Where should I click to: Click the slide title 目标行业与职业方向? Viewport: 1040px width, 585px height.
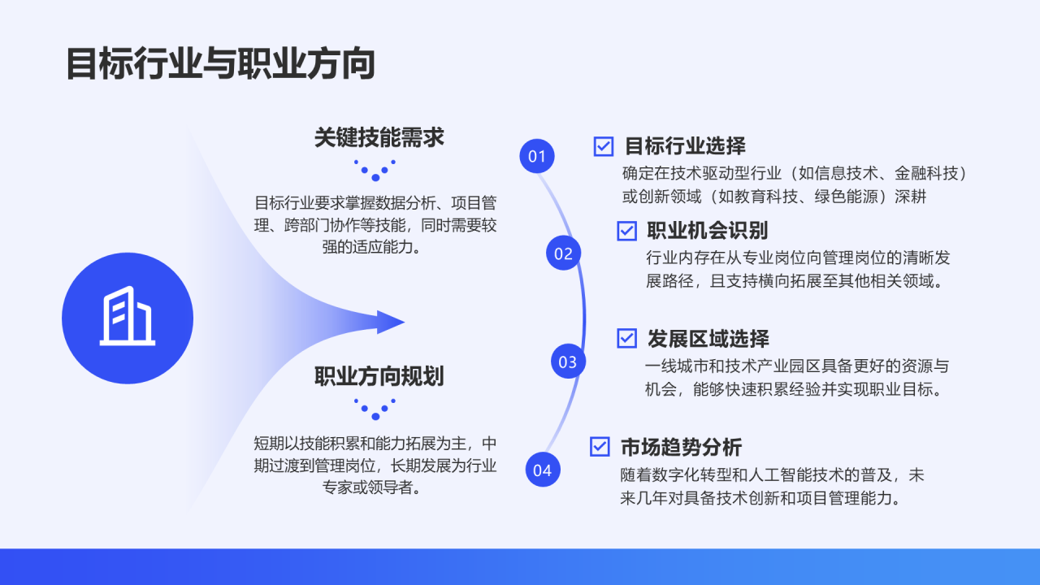pos(220,64)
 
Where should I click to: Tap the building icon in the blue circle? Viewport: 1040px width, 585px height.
pos(128,318)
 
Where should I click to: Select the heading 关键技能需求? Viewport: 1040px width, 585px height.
pos(379,137)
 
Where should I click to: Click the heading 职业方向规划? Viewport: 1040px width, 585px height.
pos(379,376)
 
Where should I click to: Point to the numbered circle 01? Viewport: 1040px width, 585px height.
pos(537,156)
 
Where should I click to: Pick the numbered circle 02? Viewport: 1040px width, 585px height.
pos(563,253)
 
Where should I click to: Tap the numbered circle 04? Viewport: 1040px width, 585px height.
pos(542,470)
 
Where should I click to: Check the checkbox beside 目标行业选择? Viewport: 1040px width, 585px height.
pos(604,146)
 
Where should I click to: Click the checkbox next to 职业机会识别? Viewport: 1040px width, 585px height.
pos(626,231)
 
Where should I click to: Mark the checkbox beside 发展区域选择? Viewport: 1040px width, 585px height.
pos(626,338)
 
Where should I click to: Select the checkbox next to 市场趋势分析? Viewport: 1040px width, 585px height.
pos(600,446)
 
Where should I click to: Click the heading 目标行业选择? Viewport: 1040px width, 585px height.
pos(685,146)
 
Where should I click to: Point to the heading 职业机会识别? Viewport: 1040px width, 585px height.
pos(708,231)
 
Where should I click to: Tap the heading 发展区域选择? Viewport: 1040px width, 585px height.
pos(708,338)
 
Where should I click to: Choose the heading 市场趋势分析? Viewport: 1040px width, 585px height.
pos(681,447)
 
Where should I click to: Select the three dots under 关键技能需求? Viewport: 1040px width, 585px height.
pos(375,170)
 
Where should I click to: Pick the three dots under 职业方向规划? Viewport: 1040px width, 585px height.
pos(375,409)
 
